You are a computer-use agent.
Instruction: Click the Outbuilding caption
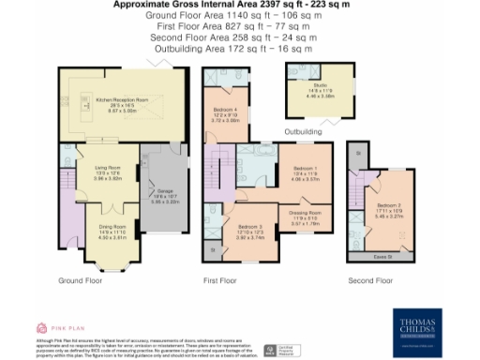coord(308,131)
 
